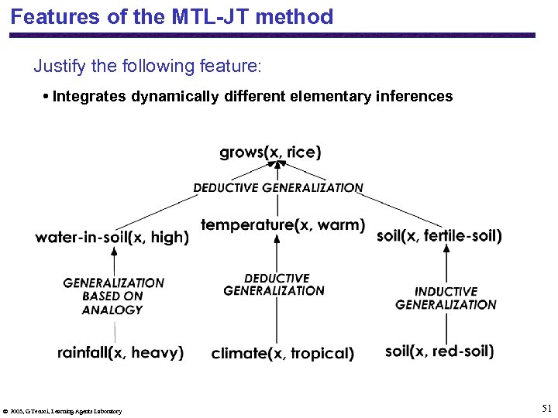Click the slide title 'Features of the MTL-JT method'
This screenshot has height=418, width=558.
coord(172,16)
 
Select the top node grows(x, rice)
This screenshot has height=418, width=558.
coord(270,152)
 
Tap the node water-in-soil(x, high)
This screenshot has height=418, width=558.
coord(112,238)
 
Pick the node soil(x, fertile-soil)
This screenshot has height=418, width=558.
coord(439,236)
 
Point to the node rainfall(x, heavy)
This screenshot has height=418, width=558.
coord(120,353)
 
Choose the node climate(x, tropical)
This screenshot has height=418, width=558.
coord(282,354)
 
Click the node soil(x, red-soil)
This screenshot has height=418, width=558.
coord(439,351)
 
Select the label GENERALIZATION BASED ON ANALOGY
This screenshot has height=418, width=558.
coord(113,296)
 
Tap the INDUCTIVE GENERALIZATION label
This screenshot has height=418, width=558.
coord(446,298)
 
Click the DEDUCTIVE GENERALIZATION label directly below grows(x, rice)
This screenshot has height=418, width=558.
coord(277,187)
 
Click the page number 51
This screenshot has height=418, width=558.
coord(546,408)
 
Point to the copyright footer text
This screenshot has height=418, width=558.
coord(62,411)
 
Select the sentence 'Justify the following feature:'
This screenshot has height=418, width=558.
coord(148,66)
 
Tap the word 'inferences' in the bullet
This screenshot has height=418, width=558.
coord(415,97)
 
